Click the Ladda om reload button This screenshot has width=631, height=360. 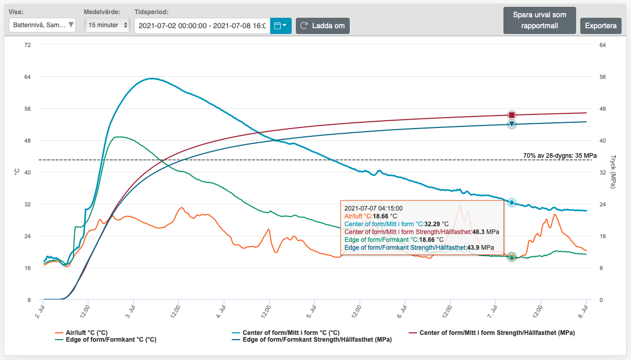tap(323, 26)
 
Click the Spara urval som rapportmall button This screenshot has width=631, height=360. tap(540, 20)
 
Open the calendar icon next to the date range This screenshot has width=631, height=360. tap(281, 26)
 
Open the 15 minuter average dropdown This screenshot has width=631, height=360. tap(107, 25)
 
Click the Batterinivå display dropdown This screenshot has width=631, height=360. tap(42, 25)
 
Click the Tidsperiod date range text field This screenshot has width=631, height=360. tap(202, 26)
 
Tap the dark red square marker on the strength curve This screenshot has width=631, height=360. tap(512, 115)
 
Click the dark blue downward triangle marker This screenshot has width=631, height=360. tap(512, 124)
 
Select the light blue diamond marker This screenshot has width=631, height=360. tap(512, 202)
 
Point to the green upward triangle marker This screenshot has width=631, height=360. tap(512, 257)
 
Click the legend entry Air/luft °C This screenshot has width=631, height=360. tap(82, 333)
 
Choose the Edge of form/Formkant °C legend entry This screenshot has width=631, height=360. tap(106, 340)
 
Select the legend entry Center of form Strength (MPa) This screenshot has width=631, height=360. tap(492, 333)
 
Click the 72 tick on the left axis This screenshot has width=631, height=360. tap(27, 45)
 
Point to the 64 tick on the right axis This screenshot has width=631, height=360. tap(602, 45)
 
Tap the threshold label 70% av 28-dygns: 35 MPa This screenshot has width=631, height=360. tap(560, 155)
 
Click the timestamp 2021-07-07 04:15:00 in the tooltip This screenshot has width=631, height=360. tap(374, 208)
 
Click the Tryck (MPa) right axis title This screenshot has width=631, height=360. tap(613, 172)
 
